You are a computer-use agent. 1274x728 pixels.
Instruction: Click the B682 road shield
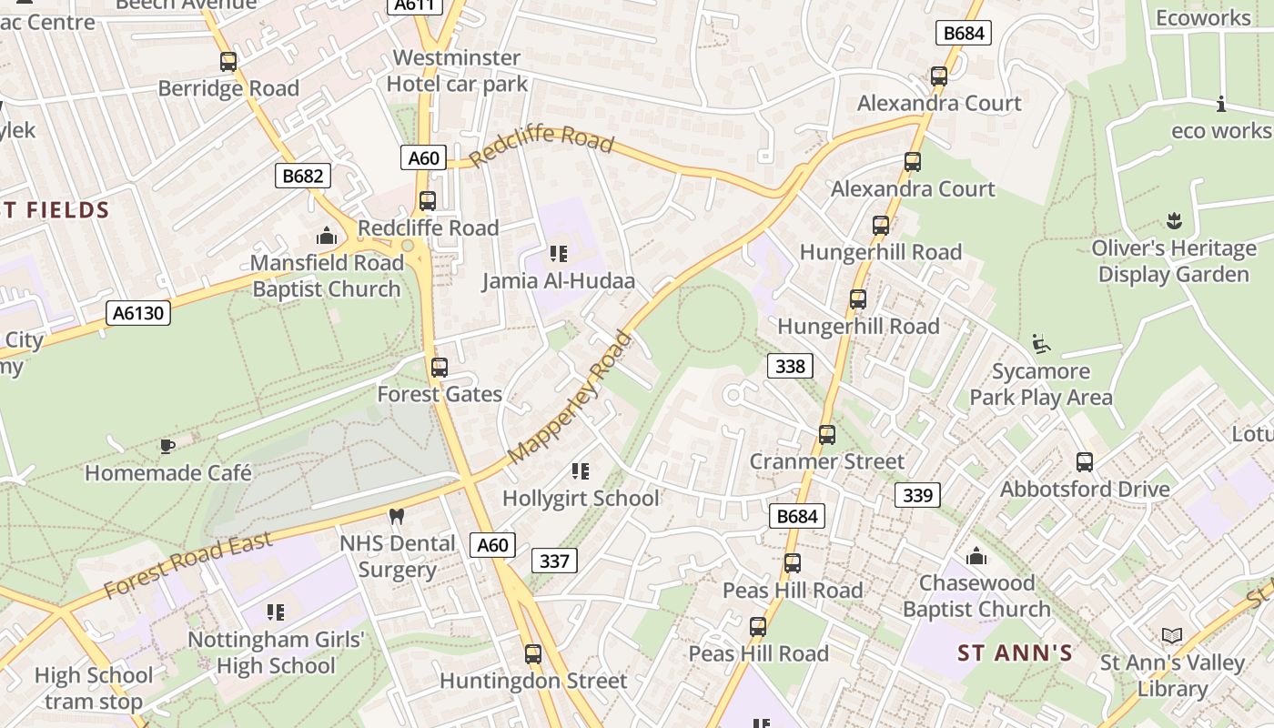click(302, 176)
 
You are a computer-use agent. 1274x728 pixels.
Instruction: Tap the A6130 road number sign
click(138, 314)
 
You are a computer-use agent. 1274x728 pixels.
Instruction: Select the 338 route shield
click(790, 366)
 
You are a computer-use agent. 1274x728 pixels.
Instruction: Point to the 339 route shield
click(917, 495)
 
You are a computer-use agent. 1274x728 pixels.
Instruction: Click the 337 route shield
click(553, 561)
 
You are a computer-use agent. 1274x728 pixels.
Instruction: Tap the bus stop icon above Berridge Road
click(228, 62)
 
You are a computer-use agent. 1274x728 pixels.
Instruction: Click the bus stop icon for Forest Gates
click(440, 368)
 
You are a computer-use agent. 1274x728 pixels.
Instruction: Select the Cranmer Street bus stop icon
click(826, 435)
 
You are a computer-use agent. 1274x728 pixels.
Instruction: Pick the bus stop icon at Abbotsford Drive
click(1084, 462)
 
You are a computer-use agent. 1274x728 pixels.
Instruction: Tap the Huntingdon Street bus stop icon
click(533, 654)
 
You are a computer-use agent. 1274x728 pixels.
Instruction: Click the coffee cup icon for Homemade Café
click(167, 446)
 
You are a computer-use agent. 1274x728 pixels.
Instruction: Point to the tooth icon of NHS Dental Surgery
click(396, 517)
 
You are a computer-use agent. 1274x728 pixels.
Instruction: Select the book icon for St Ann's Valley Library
click(1172, 636)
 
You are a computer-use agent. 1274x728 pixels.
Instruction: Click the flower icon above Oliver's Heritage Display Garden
click(1174, 221)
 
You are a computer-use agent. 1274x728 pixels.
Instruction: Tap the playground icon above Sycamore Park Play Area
click(1041, 344)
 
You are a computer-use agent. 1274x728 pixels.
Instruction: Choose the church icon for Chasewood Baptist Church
click(976, 555)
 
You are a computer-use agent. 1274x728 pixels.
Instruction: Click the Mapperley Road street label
click(570, 397)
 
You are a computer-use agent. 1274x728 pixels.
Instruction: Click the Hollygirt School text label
click(581, 499)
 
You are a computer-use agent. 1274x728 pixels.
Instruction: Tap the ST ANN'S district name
click(1015, 652)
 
